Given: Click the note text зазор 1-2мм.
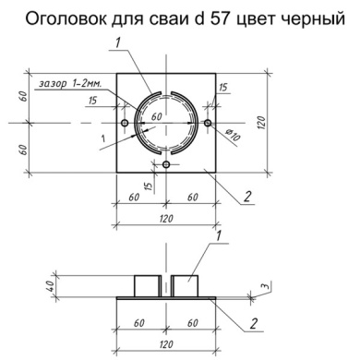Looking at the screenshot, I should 69,84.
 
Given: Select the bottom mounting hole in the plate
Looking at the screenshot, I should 166,164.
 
